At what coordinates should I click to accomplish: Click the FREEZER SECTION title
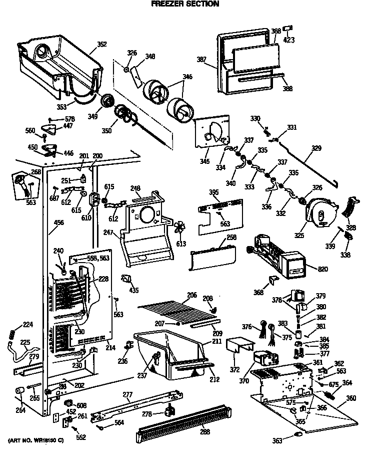tap(184, 4)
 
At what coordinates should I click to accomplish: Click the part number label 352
tap(101, 44)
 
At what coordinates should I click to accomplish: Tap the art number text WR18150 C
tap(35, 440)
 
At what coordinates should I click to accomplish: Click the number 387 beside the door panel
tap(201, 59)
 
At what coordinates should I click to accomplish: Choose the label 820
tap(323, 270)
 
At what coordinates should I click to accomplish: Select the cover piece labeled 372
tap(239, 346)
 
